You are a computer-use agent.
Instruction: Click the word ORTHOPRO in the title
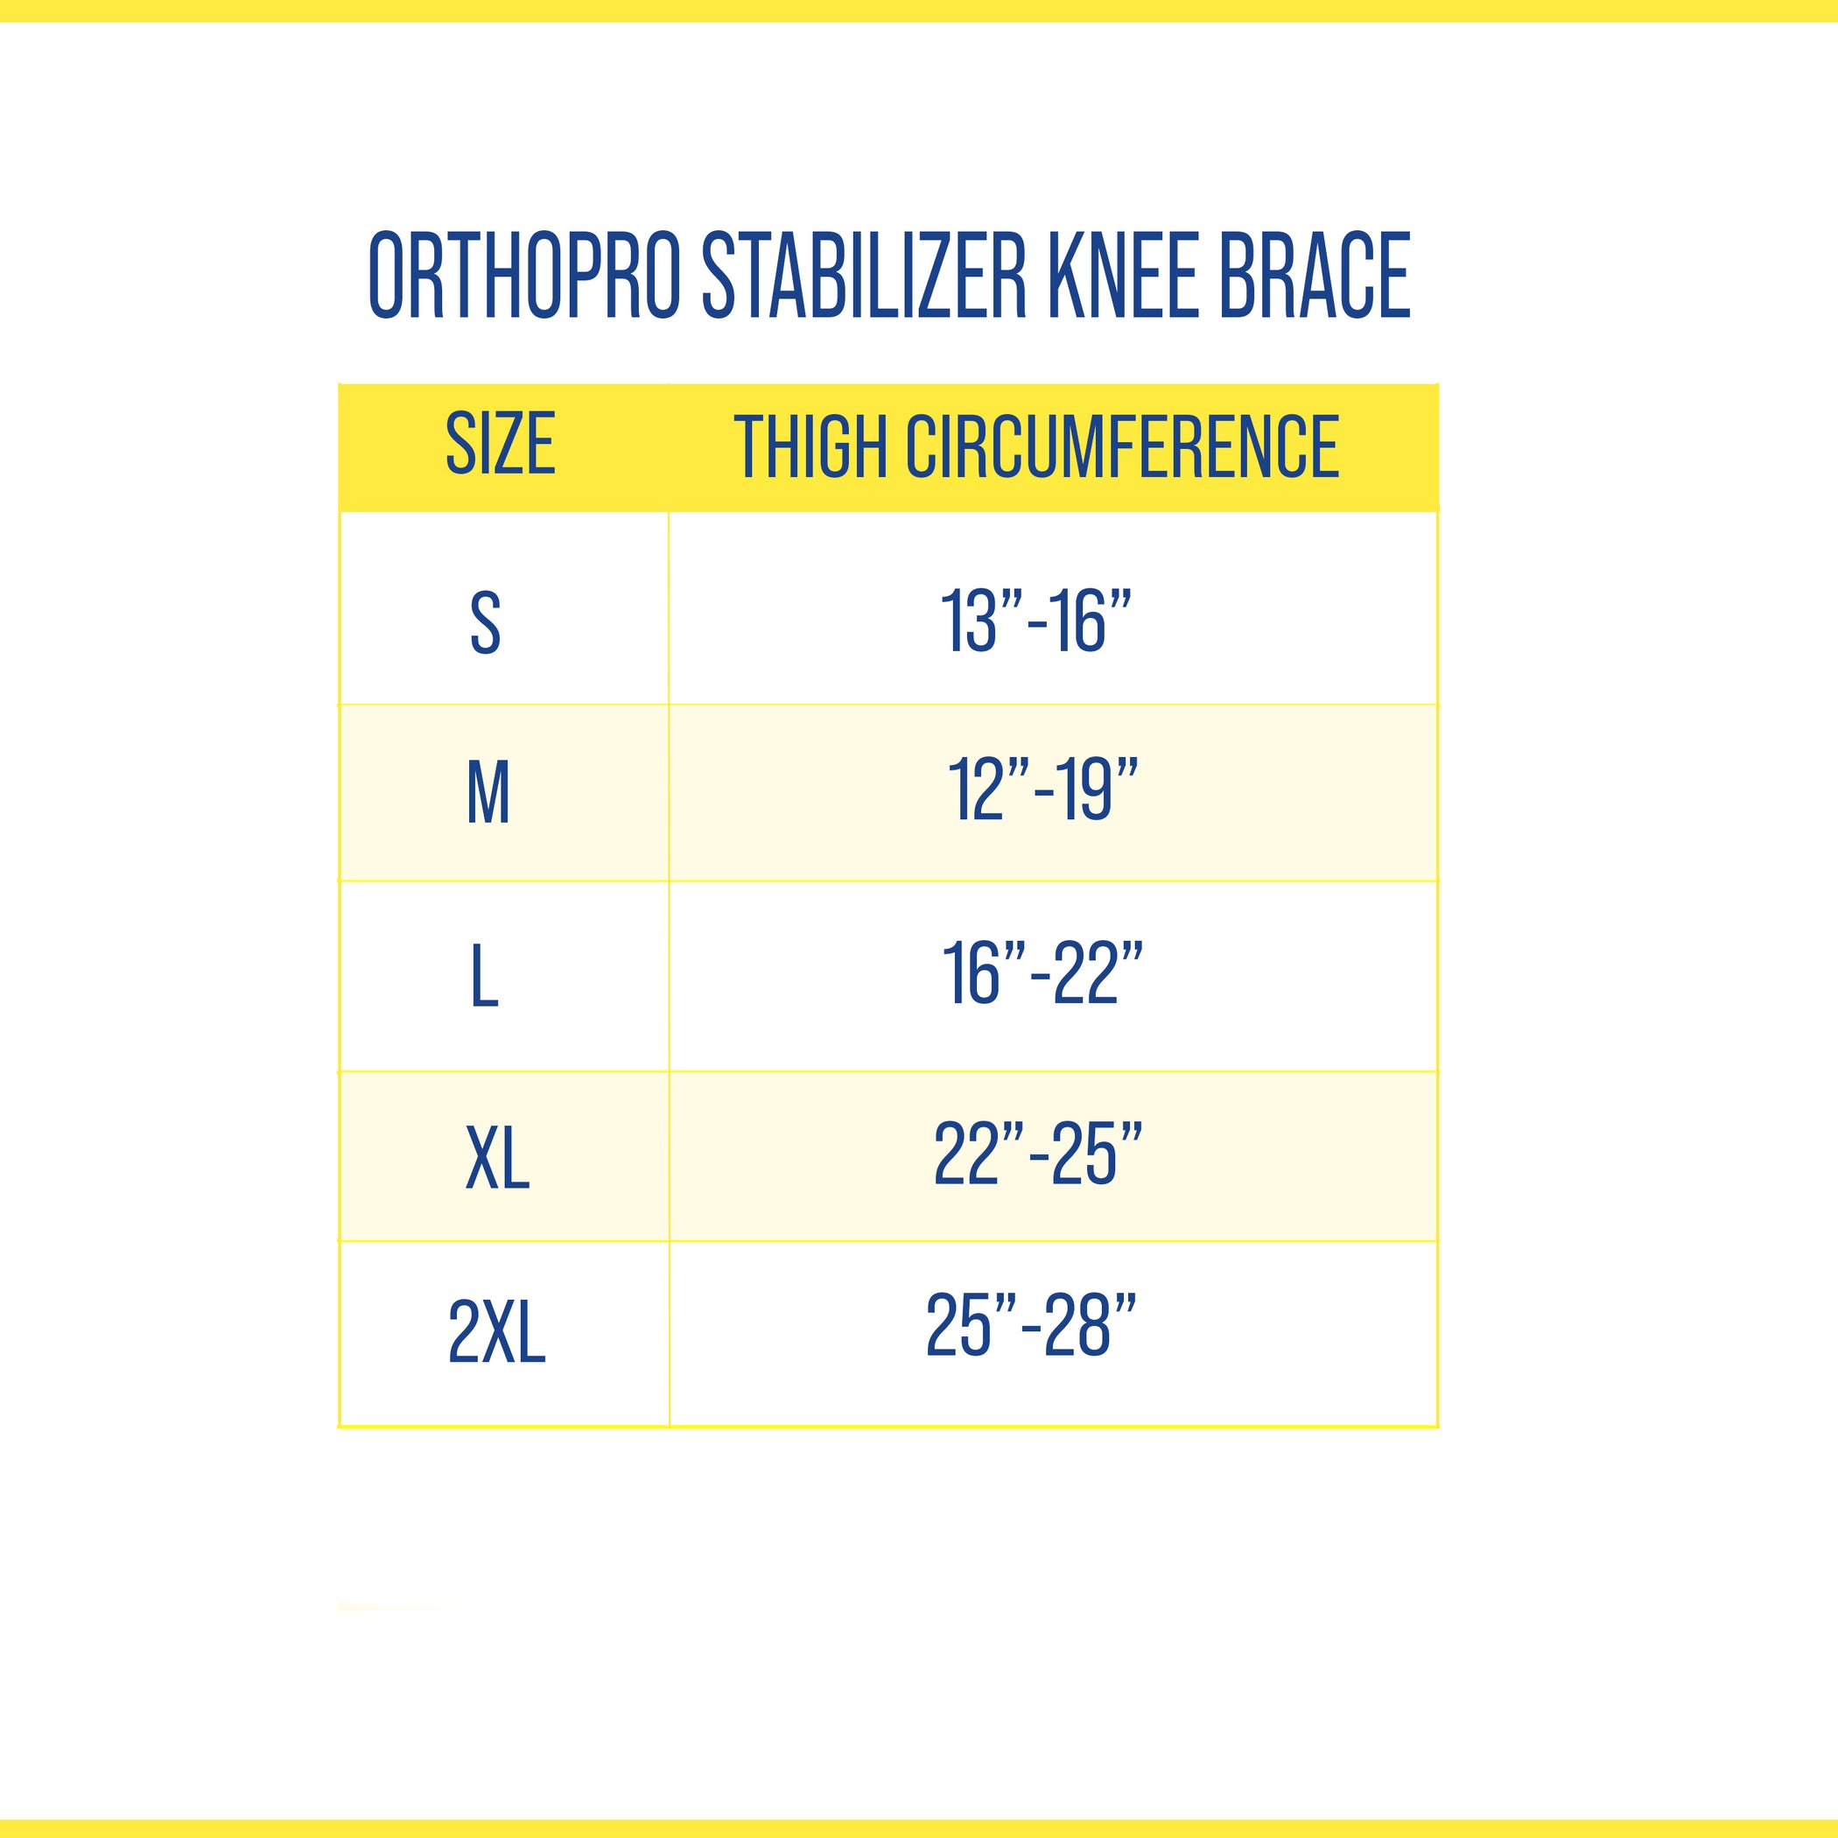(524, 275)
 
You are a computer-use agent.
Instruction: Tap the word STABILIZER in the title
(865, 275)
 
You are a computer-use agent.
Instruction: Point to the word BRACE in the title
(1314, 275)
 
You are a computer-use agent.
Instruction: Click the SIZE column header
(501, 444)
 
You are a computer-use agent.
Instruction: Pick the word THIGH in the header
(810, 446)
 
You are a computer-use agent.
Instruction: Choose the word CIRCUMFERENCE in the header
(1123, 446)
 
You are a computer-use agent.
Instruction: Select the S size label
(485, 623)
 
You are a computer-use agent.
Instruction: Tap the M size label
(488, 792)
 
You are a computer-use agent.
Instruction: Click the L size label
(484, 977)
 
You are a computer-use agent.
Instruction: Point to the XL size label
(497, 1158)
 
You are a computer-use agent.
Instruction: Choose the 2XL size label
(496, 1333)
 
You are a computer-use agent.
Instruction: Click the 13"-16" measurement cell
(1036, 621)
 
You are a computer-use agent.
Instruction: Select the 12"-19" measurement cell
(1042, 789)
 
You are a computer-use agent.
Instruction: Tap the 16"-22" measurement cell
(1042, 973)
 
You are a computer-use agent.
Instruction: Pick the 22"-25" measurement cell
(1038, 1154)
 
